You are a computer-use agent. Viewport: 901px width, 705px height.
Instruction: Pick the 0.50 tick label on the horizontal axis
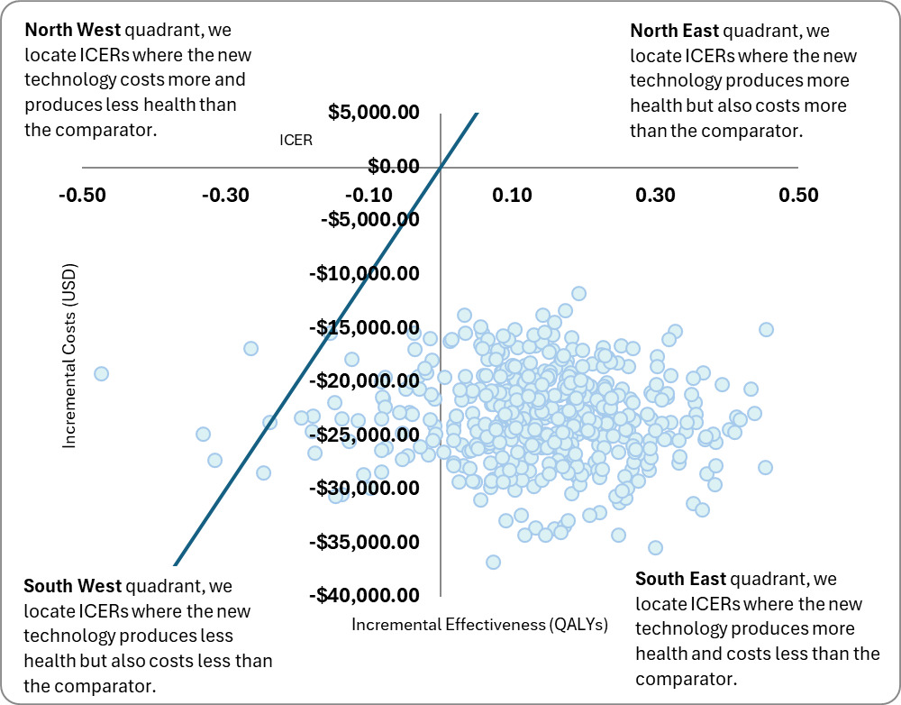tap(798, 196)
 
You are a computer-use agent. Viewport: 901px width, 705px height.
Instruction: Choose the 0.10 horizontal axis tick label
tap(513, 196)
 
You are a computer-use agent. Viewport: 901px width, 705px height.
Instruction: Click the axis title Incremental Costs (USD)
tap(69, 356)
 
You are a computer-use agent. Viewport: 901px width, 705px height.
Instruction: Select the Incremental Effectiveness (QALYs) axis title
tap(479, 624)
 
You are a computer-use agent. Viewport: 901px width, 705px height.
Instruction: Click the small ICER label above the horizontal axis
tap(296, 140)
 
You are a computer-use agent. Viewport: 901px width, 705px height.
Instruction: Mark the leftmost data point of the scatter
tap(101, 373)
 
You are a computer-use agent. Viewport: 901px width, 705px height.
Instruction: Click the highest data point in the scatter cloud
tap(578, 293)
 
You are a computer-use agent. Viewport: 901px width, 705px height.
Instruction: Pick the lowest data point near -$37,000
tap(493, 562)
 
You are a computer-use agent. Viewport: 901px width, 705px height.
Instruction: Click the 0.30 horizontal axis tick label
tap(655, 196)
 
